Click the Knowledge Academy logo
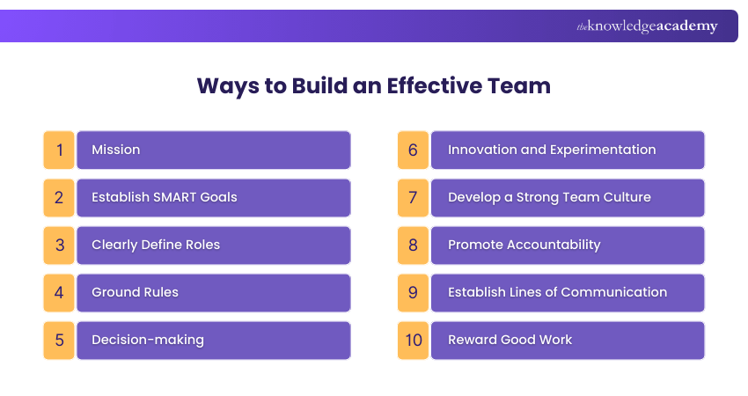click(x=647, y=26)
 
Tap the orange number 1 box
click(x=59, y=150)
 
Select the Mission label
click(x=115, y=150)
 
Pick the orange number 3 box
click(x=59, y=245)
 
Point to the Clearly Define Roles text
click(x=156, y=245)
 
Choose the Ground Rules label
click(x=135, y=292)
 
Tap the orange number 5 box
click(x=59, y=340)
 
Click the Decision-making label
click(x=147, y=340)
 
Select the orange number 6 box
click(x=413, y=150)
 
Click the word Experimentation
click(x=603, y=150)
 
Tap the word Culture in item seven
click(x=624, y=197)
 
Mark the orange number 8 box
click(x=413, y=245)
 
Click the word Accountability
click(x=551, y=245)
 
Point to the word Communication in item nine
click(x=613, y=292)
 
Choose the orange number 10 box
click(x=413, y=340)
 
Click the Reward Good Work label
click(x=510, y=340)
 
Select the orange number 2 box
click(x=59, y=197)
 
